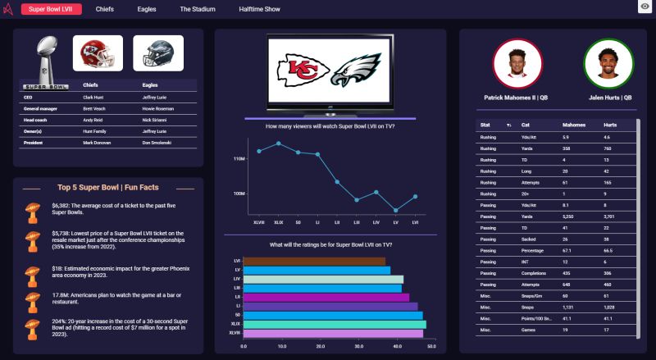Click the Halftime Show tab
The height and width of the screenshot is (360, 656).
click(x=259, y=9)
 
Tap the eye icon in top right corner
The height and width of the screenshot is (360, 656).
click(x=645, y=7)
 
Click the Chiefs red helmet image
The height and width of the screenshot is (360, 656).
click(x=98, y=53)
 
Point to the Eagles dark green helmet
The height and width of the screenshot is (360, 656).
click(x=157, y=53)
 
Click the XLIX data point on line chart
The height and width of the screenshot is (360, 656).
click(x=279, y=144)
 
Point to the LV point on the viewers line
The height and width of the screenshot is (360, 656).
click(x=396, y=210)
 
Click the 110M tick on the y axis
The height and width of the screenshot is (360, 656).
click(x=239, y=158)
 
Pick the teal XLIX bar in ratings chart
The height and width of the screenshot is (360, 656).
click(x=335, y=324)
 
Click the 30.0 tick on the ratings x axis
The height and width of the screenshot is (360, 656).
click(x=358, y=346)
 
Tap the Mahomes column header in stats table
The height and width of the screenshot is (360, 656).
click(x=573, y=125)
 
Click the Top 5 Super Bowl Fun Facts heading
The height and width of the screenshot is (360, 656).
click(x=108, y=188)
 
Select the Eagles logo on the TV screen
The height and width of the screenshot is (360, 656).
click(x=359, y=71)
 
